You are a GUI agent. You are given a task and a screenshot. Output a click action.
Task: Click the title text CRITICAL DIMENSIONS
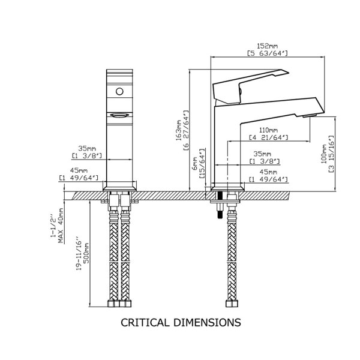(181, 322)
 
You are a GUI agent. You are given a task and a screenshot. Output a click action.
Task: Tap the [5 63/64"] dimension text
(268, 54)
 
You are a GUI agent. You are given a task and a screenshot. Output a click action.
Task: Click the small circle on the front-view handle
(119, 92)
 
